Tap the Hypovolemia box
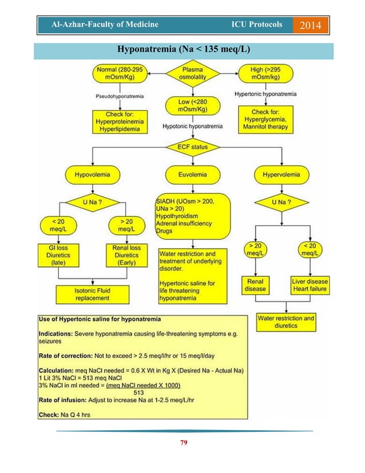(x=88, y=172)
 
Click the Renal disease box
(x=255, y=285)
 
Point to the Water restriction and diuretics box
(x=285, y=322)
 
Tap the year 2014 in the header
(x=308, y=25)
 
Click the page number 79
(x=184, y=443)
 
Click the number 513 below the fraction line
(x=138, y=392)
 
